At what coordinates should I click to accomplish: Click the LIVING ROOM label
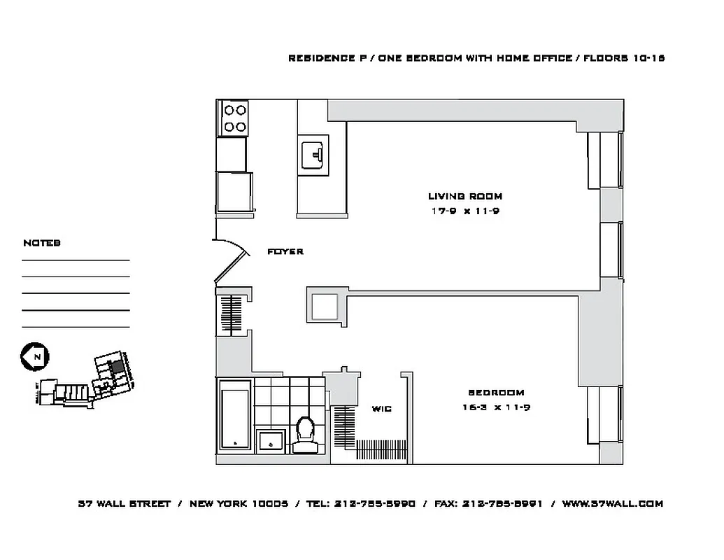(x=464, y=196)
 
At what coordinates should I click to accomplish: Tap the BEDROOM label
(x=495, y=393)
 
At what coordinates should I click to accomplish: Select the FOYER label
(x=285, y=251)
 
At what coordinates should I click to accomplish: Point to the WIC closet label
(x=381, y=409)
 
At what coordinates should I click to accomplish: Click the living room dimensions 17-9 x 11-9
(x=464, y=211)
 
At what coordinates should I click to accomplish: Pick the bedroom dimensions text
(x=495, y=407)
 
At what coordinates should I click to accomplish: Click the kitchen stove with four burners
(x=234, y=118)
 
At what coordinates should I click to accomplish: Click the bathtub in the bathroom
(x=234, y=415)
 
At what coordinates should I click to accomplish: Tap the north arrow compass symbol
(x=33, y=356)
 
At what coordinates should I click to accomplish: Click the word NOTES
(x=42, y=243)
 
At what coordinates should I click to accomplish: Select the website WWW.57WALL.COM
(x=612, y=503)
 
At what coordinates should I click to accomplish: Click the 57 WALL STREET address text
(x=124, y=503)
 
